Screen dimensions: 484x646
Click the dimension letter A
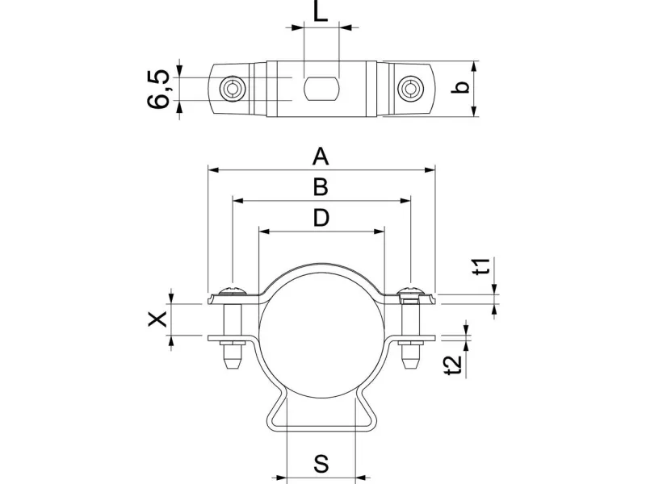coord(321,155)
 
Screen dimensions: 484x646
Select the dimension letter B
coord(321,186)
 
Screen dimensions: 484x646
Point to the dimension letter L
coord(321,13)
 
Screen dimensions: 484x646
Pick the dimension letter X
coord(159,319)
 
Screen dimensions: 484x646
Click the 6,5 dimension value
coord(159,89)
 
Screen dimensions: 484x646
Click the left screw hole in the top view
coord(233,88)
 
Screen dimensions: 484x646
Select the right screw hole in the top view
coord(410,88)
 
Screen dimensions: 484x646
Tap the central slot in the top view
coord(321,87)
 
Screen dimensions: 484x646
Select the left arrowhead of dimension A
coord(212,170)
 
